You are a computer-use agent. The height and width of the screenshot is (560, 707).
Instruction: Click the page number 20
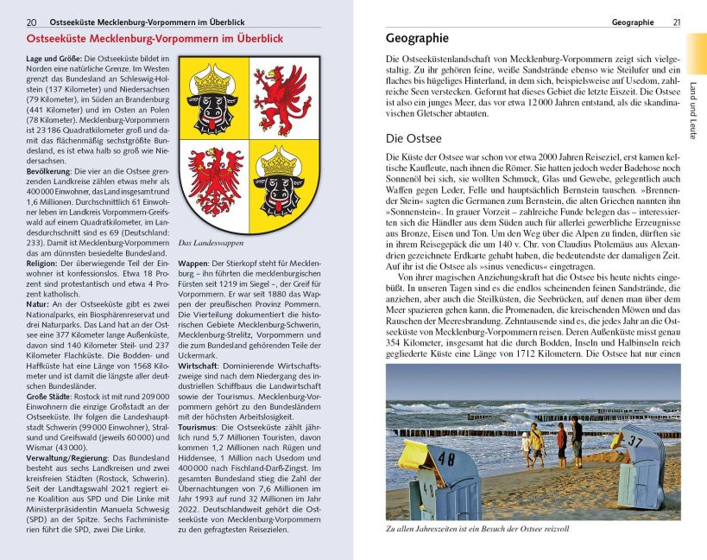point(32,22)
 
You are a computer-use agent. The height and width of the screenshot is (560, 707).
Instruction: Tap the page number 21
point(677,22)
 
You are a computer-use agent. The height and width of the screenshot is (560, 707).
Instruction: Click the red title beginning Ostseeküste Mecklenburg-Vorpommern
point(155,40)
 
